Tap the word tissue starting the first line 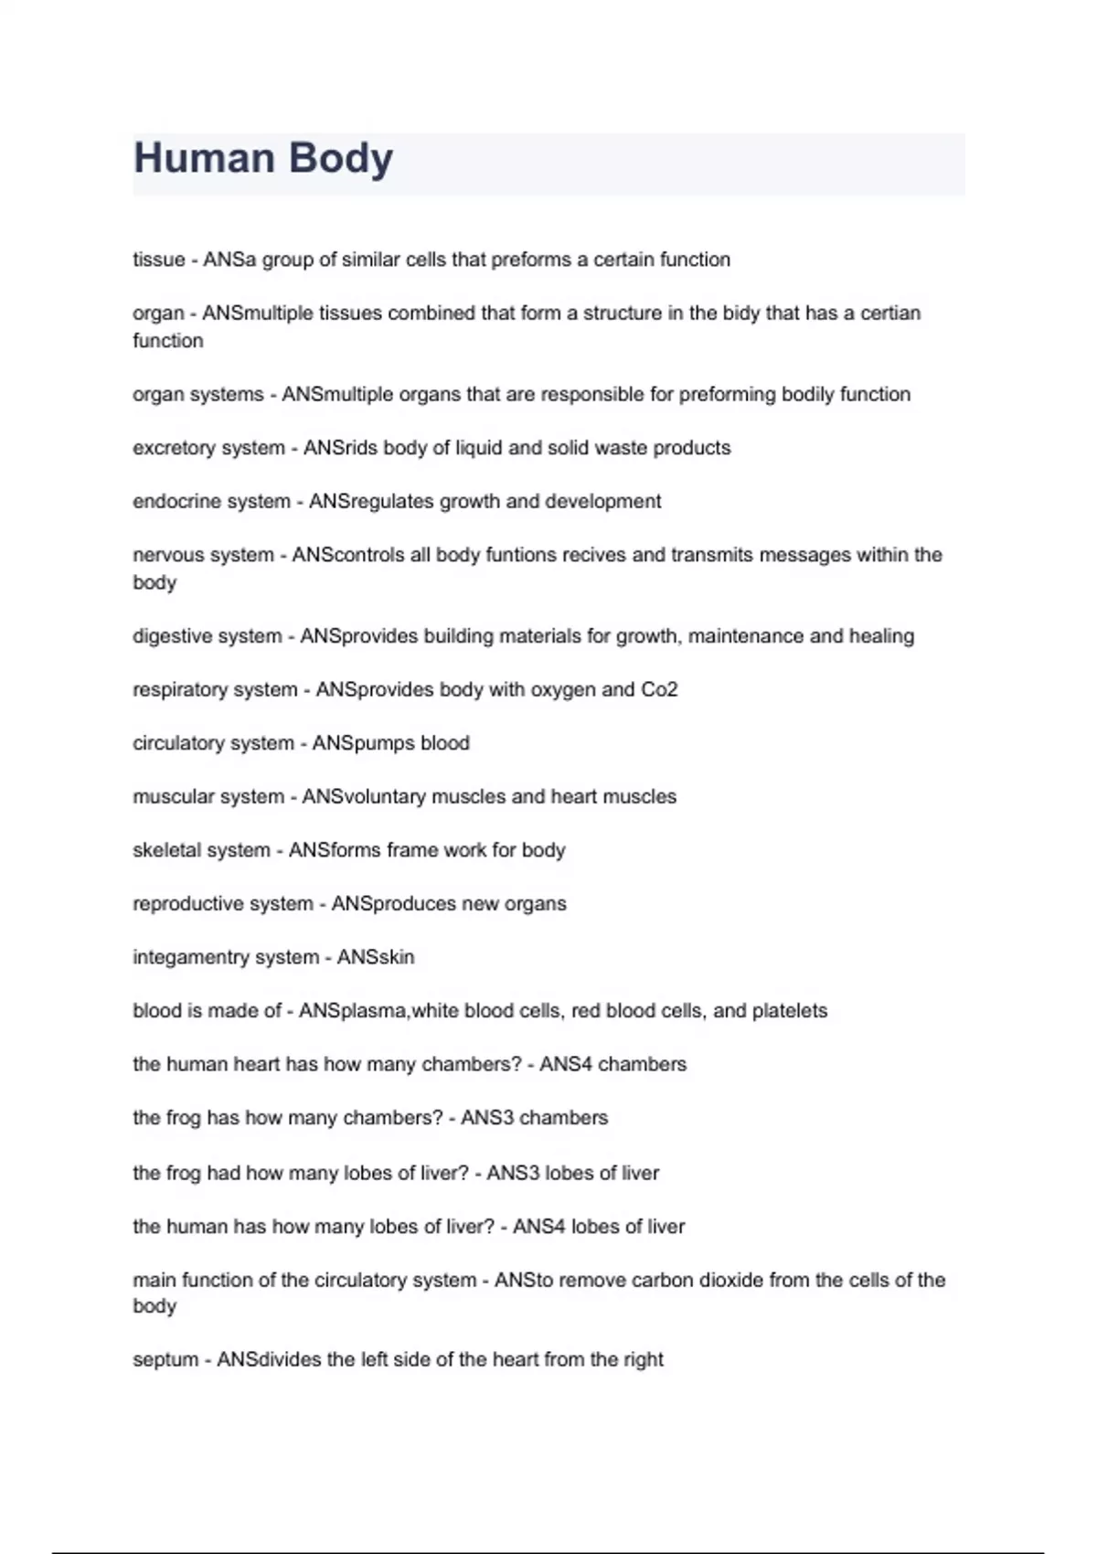(159, 260)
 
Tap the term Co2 (659, 689)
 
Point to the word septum (165, 1360)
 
